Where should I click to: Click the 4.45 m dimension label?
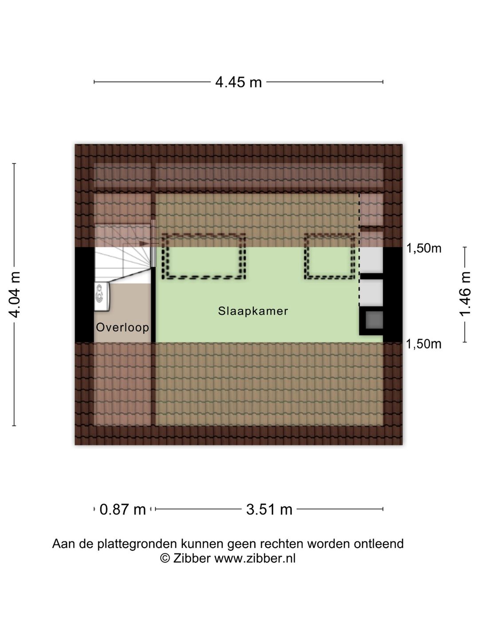click(239, 83)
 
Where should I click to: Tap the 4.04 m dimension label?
click(15, 294)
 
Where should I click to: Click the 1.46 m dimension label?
click(465, 294)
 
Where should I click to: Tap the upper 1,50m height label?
click(424, 248)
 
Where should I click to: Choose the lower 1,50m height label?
click(424, 344)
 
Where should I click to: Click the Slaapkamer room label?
click(253, 311)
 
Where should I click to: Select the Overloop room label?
click(122, 327)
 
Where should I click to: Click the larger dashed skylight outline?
click(204, 234)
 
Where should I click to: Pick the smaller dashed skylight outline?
click(330, 234)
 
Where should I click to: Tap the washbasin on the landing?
click(102, 297)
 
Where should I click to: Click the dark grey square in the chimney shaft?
click(374, 319)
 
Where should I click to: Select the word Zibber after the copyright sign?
click(192, 558)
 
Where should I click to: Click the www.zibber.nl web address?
click(255, 558)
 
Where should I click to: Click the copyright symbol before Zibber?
click(165, 558)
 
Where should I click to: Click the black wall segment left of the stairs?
click(85, 295)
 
